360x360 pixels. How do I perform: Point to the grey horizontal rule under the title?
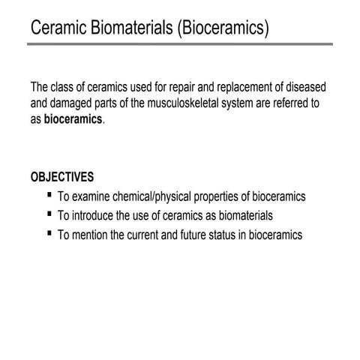(180, 43)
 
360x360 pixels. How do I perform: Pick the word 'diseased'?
(304, 88)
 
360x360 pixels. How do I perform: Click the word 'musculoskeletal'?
(189, 103)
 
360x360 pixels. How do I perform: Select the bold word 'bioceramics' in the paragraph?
(73, 119)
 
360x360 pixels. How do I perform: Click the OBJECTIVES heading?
(62, 177)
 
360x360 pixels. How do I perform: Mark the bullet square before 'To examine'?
(49, 195)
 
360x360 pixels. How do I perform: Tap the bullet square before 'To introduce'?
(49, 214)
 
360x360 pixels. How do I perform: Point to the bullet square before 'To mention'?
(49, 233)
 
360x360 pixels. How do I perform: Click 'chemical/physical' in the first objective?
(158, 197)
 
